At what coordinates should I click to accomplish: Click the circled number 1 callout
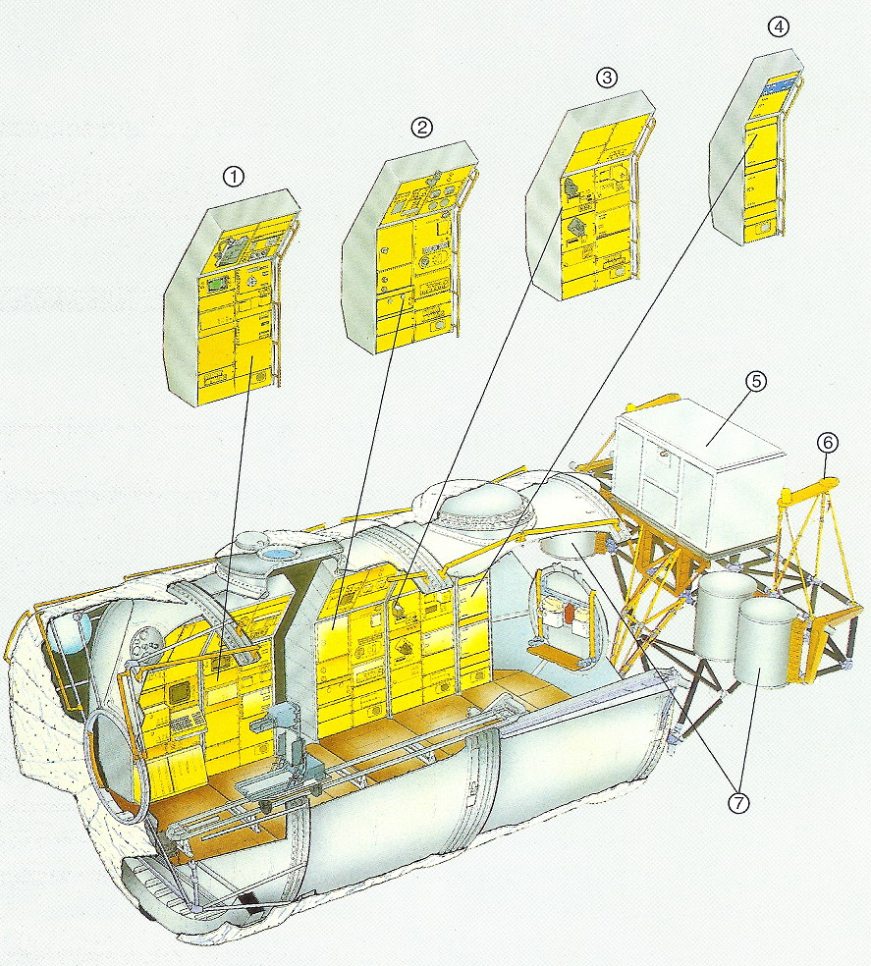233,177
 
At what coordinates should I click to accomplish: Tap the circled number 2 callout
421,128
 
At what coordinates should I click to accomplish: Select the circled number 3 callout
607,78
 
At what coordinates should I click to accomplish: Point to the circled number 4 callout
779,27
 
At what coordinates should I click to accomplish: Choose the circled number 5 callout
756,381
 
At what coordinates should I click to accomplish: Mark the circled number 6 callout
827,442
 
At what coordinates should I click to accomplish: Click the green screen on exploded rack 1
216,286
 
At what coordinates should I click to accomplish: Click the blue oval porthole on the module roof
279,555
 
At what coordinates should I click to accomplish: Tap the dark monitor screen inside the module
182,693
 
